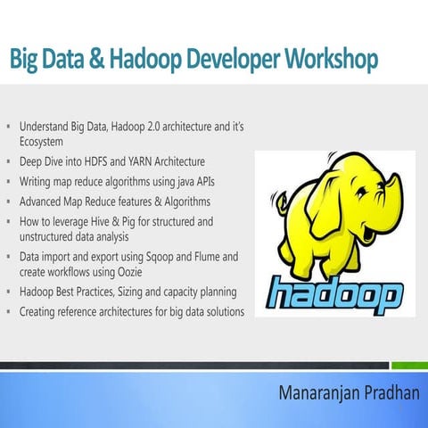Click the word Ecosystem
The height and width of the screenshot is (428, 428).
(46, 142)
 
